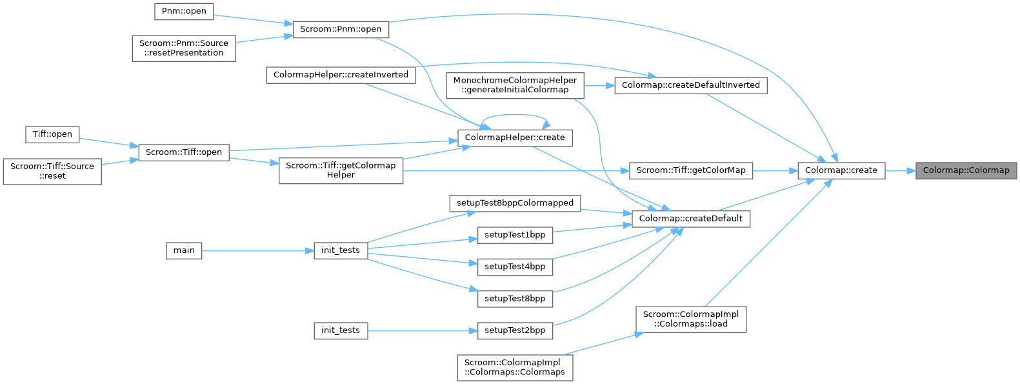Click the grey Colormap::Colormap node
966,170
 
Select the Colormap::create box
841,170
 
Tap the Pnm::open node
184,11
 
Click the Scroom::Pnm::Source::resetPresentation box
184,48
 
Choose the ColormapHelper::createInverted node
341,75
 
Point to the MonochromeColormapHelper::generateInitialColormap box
515,85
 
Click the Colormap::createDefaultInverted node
690,85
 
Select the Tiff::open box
52,134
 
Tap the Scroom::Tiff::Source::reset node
52,170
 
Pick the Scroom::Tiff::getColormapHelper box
341,170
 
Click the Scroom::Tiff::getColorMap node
690,170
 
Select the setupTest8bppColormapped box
515,203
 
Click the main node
184,250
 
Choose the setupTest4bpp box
515,267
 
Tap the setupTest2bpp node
515,330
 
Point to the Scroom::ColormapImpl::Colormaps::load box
690,319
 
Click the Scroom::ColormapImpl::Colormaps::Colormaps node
515,367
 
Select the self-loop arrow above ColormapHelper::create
515,116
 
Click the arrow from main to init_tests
258,250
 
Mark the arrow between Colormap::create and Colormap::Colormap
900,170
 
